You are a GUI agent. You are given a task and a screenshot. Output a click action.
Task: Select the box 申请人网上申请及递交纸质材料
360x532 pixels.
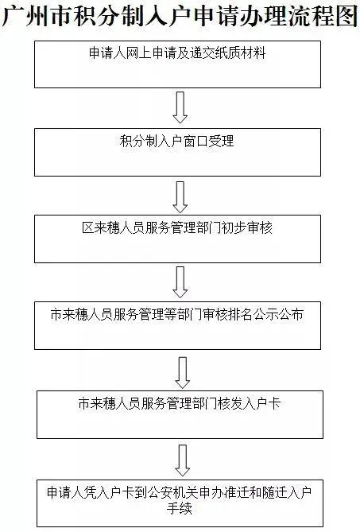[178, 64]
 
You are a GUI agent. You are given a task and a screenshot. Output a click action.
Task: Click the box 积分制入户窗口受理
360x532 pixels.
[178, 152]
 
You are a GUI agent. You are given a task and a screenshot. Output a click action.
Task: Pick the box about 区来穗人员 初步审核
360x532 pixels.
[178, 239]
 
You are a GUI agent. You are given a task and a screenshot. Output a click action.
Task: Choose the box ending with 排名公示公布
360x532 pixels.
[178, 326]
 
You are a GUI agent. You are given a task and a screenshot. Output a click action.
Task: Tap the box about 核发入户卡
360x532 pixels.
[180, 414]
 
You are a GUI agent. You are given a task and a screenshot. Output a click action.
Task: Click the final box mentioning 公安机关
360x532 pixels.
[180, 503]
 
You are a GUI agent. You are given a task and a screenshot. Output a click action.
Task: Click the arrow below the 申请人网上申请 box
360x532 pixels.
[180, 107]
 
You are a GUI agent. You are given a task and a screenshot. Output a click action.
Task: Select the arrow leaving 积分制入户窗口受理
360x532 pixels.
[180, 197]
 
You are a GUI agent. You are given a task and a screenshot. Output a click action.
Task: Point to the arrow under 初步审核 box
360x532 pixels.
[180, 282]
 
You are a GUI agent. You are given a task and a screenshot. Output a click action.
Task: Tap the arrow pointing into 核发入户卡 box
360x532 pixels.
[182, 372]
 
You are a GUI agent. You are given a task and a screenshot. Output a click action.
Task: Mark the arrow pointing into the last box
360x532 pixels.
[182, 460]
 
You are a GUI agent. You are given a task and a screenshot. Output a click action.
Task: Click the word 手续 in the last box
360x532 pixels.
[180, 509]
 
